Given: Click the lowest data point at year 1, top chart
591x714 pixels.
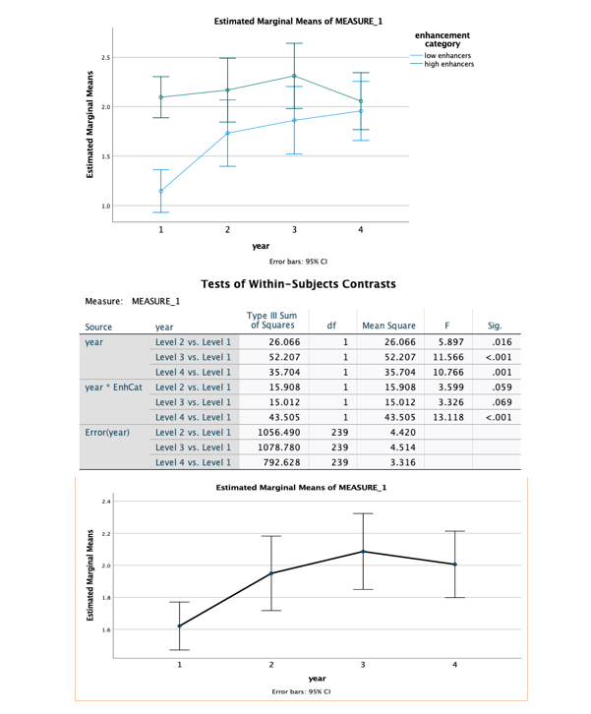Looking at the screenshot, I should point(161,191).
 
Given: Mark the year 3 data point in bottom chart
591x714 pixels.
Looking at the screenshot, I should point(363,551).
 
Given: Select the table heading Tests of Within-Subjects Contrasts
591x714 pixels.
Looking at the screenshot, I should point(298,284).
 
